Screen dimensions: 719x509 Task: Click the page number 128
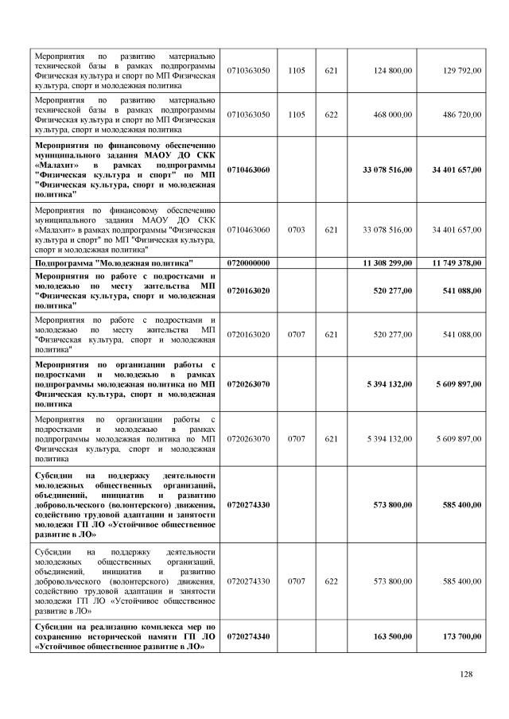point(466,674)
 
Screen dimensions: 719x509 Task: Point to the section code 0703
point(296,230)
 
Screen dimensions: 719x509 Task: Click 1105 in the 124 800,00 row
point(296,71)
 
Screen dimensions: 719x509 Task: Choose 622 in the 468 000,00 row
point(332,115)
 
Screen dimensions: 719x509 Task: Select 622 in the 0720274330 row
point(332,581)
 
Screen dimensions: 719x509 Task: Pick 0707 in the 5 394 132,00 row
point(296,438)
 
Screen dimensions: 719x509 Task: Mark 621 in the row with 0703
point(332,230)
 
